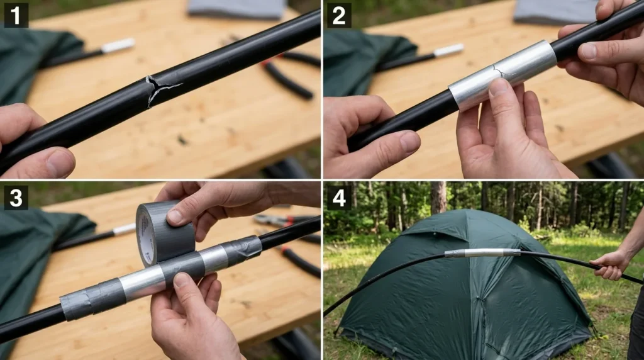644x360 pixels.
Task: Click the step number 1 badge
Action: [x=16, y=15]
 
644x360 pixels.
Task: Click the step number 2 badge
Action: [x=338, y=15]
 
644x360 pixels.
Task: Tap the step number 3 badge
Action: [x=16, y=197]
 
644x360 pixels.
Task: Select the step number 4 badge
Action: [x=338, y=197]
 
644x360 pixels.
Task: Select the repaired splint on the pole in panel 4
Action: [x=482, y=253]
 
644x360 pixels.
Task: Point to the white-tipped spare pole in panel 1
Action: [x=117, y=45]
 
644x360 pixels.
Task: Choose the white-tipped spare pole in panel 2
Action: [x=448, y=50]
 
